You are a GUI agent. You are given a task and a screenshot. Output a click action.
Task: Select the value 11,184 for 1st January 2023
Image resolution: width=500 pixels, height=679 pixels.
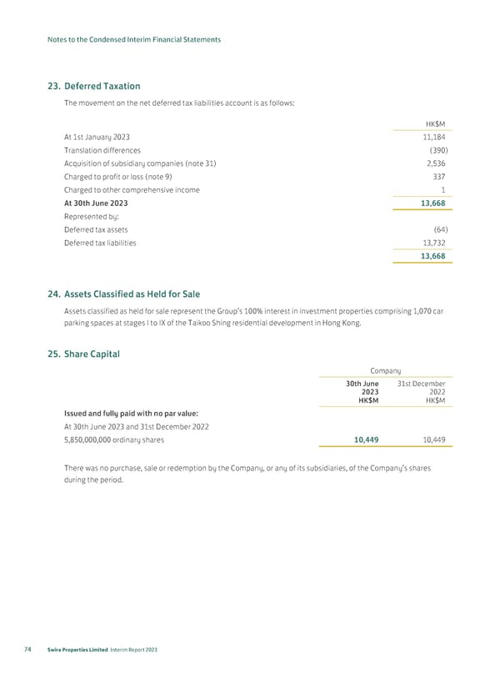click(433, 137)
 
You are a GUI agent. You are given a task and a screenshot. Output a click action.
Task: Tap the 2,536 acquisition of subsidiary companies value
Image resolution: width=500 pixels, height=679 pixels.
click(434, 163)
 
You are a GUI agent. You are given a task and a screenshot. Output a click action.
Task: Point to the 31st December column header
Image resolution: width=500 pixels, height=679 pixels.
click(421, 384)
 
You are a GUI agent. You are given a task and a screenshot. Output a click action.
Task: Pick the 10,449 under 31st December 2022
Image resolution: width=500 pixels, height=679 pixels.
click(430, 440)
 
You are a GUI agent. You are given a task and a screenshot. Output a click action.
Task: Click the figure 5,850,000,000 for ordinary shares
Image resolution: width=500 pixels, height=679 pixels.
click(87, 440)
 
